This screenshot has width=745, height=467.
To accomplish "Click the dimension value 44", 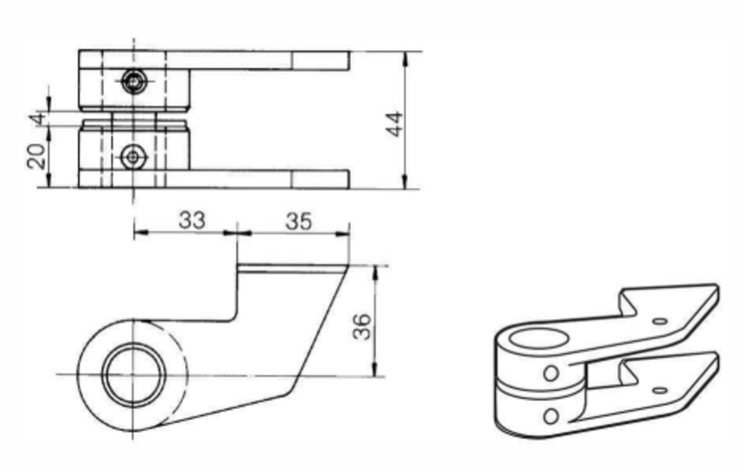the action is point(395,124).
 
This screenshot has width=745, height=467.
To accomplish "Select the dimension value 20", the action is point(36,156).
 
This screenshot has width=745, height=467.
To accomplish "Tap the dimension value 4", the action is point(37,119).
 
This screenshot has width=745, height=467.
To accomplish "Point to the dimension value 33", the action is point(192,220).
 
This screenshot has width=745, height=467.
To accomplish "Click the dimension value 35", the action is point(299,221).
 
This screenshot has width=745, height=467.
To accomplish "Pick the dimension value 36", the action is point(362,327).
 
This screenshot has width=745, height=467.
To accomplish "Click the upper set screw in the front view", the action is point(134,81).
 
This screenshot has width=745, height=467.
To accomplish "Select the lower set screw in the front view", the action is point(133,157).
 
